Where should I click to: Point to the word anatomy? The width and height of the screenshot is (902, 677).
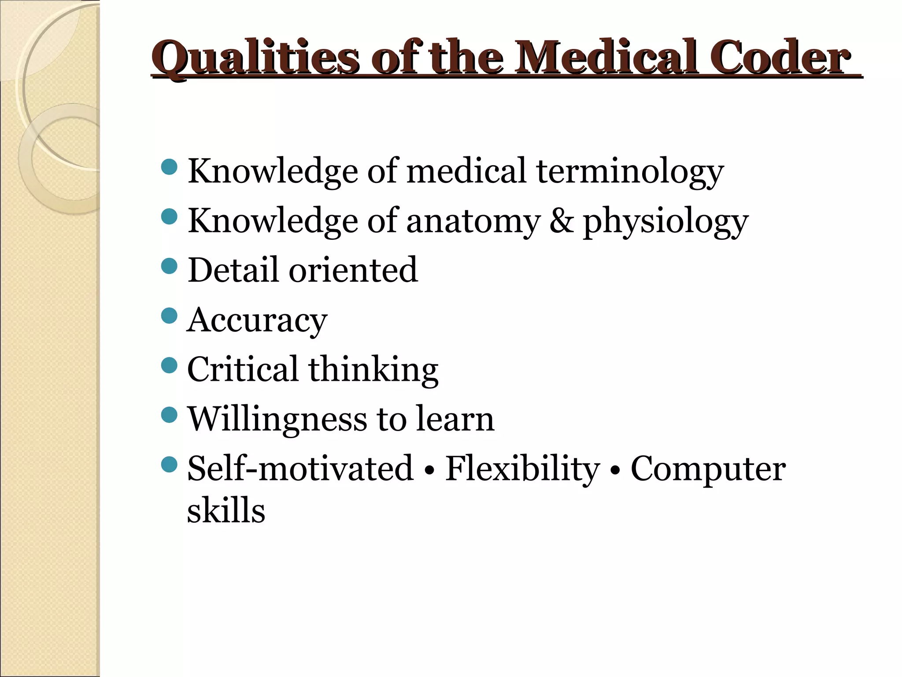473,221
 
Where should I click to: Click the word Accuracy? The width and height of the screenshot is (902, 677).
257,320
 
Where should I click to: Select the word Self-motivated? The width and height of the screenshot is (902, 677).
300,468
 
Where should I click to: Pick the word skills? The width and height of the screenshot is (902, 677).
226,510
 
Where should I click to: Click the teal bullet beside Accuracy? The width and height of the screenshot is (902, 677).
169,315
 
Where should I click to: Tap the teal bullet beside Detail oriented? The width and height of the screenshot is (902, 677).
169,266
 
